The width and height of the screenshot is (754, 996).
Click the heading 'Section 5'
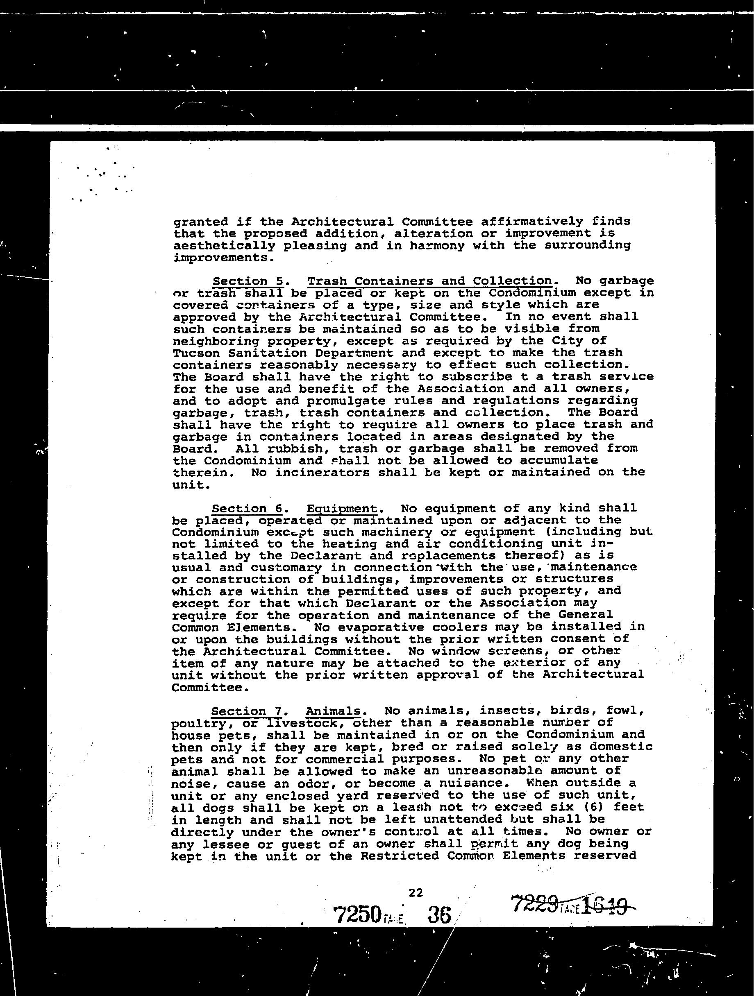point(248,281)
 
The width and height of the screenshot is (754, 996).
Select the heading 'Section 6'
point(247,508)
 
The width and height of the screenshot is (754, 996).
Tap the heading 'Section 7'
point(246,711)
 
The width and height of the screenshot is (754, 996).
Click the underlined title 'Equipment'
point(342,508)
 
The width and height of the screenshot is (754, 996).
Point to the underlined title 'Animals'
point(333,711)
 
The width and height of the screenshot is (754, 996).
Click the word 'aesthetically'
point(224,246)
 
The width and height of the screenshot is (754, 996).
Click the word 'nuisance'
point(459,783)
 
